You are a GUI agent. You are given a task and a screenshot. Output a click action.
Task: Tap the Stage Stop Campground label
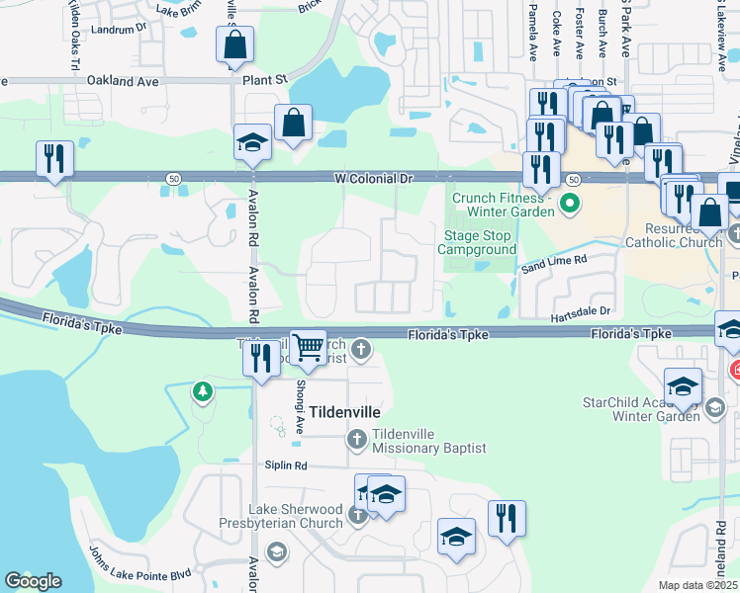coord(478,243)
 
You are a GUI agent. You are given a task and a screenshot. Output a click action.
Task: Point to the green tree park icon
coord(203,392)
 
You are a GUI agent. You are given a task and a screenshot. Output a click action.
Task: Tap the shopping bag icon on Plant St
coord(234,45)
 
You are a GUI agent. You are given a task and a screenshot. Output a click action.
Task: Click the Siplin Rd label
coord(286,466)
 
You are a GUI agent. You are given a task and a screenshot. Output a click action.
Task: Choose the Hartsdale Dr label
coord(582,312)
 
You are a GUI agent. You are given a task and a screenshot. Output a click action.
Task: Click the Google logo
coord(33,581)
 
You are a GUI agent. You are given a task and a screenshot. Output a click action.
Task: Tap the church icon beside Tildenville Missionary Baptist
coord(356,438)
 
